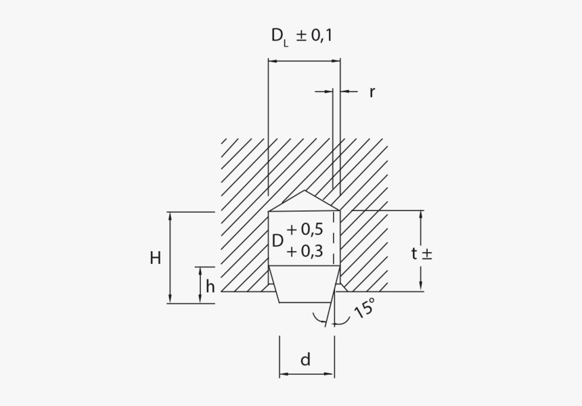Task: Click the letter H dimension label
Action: (156, 258)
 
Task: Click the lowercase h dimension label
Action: (210, 286)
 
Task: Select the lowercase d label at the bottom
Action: (306, 360)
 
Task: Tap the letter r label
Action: (372, 92)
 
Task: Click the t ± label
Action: (421, 254)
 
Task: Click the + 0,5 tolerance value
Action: (304, 229)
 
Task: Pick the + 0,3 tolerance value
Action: (304, 251)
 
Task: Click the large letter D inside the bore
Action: (277, 241)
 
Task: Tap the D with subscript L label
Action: (279, 37)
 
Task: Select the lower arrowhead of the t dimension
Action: (421, 287)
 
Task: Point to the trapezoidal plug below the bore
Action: (305, 284)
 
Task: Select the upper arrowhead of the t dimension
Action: (421, 215)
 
